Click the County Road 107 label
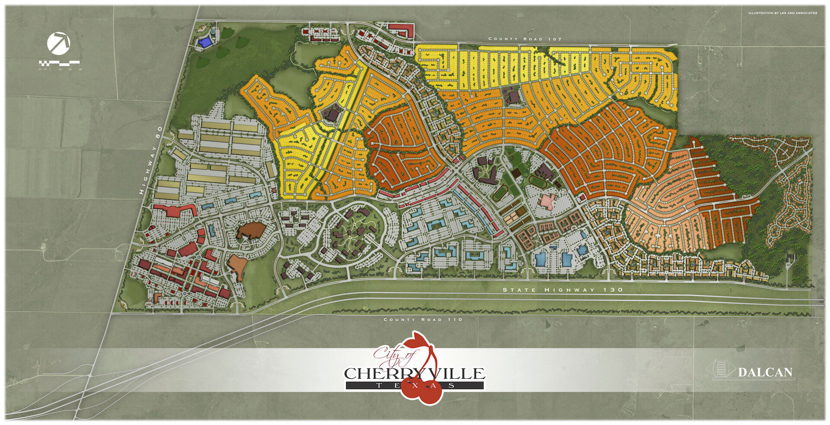point(525,39)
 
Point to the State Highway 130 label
point(563,290)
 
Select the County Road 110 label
point(423,320)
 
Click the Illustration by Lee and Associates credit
point(782,13)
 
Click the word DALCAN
point(765,372)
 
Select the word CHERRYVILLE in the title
point(414,373)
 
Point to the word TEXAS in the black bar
point(414,385)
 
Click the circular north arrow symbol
point(58,43)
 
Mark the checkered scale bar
point(59,63)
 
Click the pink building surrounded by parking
point(547,201)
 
